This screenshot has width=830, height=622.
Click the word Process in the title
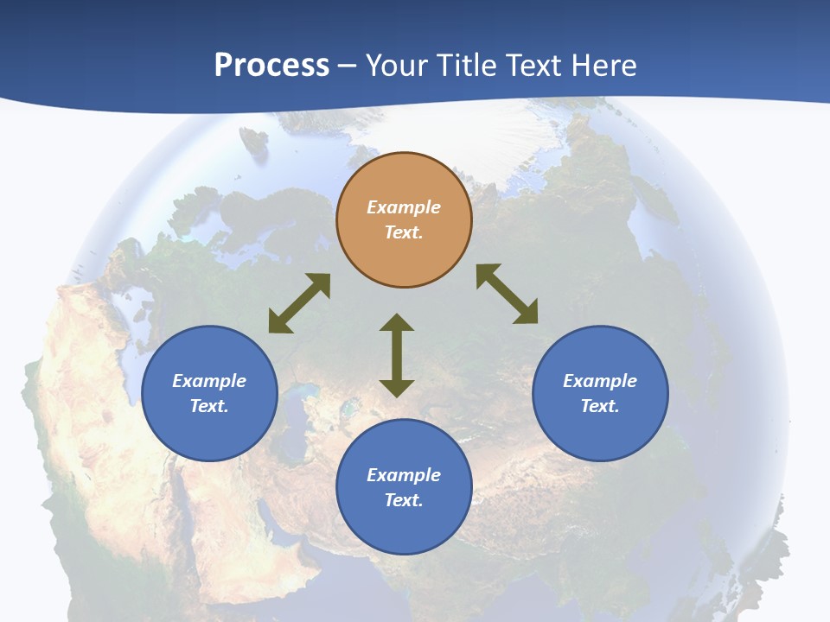point(271,66)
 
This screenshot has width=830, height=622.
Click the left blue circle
point(209,393)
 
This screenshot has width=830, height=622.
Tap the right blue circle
point(600,393)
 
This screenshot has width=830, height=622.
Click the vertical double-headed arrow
point(397,355)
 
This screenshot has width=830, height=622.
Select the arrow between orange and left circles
point(299,303)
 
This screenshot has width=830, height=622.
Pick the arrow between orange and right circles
point(508,294)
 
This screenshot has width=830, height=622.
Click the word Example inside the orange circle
point(404,207)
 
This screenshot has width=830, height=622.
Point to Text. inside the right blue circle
point(600,406)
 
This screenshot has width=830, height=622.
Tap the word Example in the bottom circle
point(404,475)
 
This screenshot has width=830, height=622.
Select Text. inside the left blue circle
point(209,406)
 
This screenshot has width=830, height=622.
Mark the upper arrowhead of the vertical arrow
point(397,323)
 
